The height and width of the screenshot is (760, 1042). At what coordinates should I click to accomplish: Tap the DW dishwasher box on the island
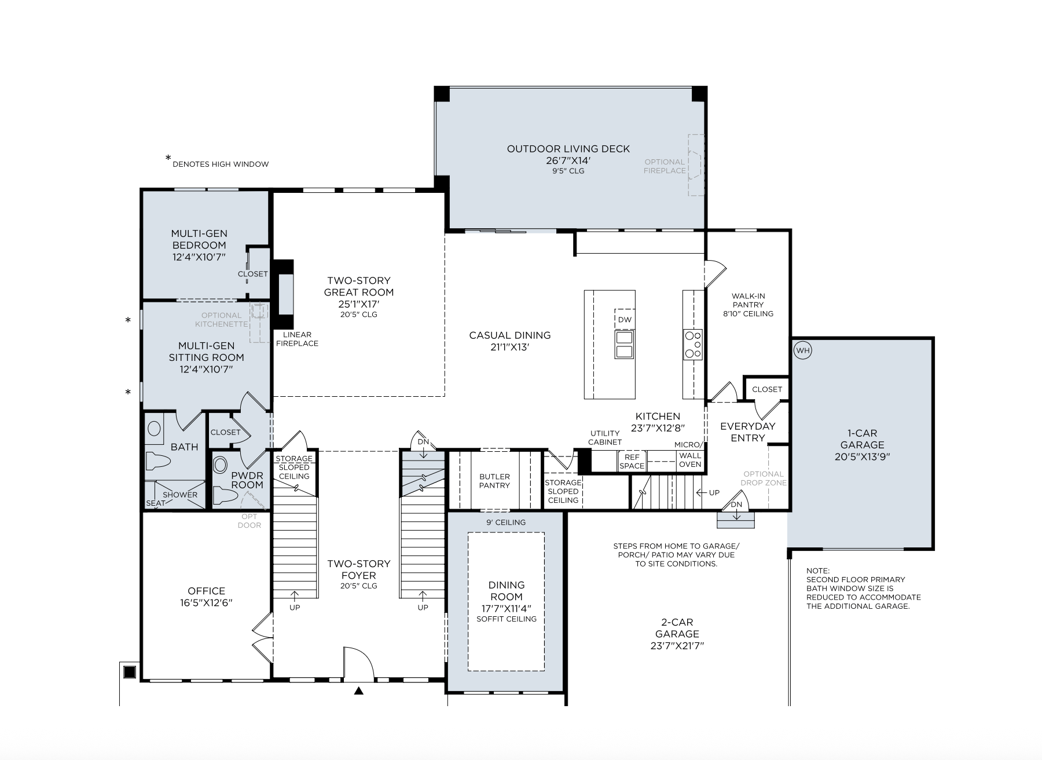click(625, 319)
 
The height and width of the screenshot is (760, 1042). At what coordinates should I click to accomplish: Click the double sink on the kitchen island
click(625, 345)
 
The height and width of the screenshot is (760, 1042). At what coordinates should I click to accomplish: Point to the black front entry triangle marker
click(359, 690)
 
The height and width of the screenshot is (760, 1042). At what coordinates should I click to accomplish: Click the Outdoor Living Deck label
click(568, 149)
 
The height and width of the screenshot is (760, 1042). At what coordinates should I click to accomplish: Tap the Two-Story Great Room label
click(359, 286)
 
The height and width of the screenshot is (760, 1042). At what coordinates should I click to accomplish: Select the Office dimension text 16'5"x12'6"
click(207, 602)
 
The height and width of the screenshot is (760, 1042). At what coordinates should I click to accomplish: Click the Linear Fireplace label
click(297, 339)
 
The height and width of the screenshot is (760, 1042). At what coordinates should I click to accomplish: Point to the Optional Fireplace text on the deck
click(665, 166)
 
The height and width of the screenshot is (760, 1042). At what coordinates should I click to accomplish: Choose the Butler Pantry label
click(495, 481)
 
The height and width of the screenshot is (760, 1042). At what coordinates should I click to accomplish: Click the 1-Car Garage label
click(863, 439)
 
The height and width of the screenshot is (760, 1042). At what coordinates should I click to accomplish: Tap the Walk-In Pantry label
click(748, 300)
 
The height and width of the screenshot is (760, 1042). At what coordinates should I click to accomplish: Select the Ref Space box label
click(632, 461)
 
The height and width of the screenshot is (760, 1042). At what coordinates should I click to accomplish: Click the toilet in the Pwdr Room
click(224, 495)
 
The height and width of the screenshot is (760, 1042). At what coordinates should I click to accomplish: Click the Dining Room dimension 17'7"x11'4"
click(507, 608)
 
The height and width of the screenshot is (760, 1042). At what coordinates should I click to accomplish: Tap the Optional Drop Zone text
click(764, 478)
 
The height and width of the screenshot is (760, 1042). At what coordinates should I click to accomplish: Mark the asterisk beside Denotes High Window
click(168, 158)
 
